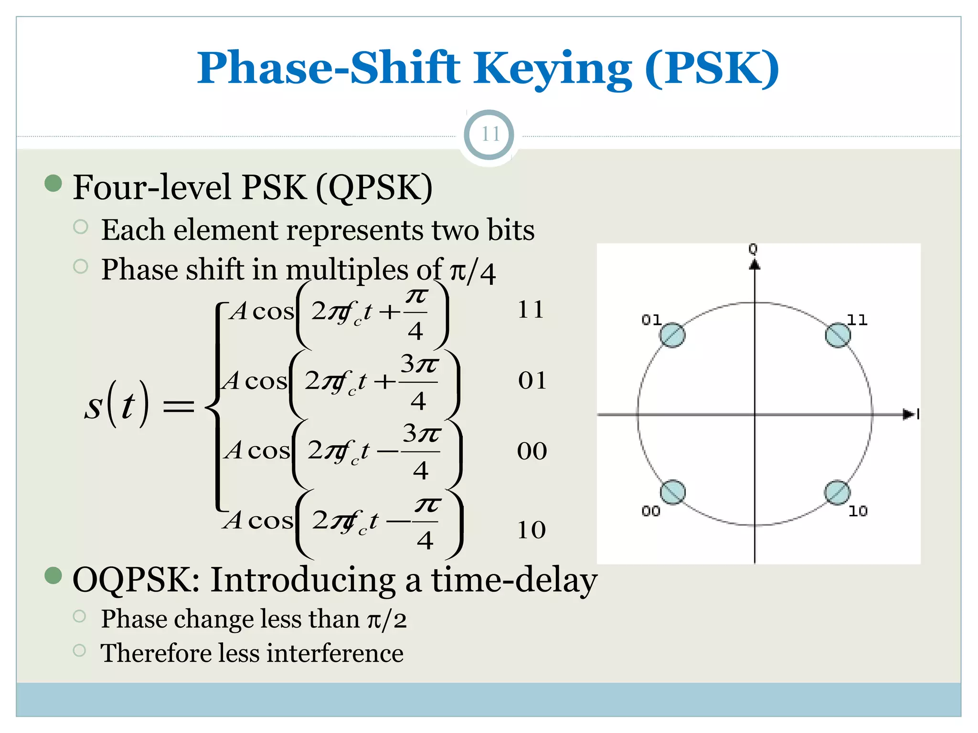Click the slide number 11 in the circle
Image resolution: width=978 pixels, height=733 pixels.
pyautogui.click(x=489, y=134)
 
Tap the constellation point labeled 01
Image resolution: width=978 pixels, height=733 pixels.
pyautogui.click(x=672, y=335)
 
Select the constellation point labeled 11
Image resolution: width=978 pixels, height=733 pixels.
pyautogui.click(x=838, y=335)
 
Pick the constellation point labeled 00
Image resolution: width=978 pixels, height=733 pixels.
pyautogui.click(x=672, y=492)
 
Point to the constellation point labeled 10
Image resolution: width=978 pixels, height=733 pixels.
pyautogui.click(x=837, y=492)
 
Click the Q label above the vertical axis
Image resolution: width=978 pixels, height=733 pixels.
pyautogui.click(x=753, y=249)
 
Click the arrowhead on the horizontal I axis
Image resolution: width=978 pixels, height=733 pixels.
pyautogui.click(x=909, y=414)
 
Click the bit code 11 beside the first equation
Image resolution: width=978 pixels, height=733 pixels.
pyautogui.click(x=531, y=310)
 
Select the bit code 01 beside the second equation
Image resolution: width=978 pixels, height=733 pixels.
pyautogui.click(x=532, y=381)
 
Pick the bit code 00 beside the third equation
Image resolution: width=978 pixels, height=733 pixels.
pyautogui.click(x=532, y=451)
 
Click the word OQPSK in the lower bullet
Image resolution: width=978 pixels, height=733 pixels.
pyautogui.click(x=136, y=580)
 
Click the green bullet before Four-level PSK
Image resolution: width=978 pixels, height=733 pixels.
pyautogui.click(x=53, y=183)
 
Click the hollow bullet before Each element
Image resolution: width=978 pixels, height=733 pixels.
pyautogui.click(x=81, y=227)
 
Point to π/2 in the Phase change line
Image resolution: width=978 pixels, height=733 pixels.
pyautogui.click(x=387, y=620)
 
